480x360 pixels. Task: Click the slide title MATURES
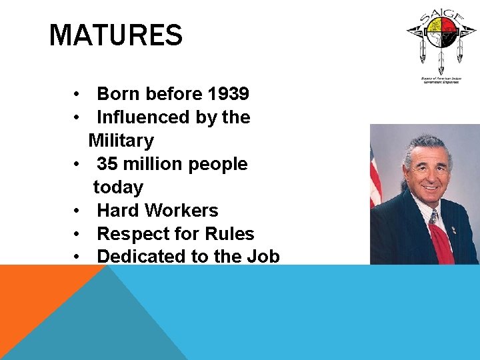click(x=115, y=35)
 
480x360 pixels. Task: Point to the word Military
click(x=121, y=141)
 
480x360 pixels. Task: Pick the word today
click(x=118, y=187)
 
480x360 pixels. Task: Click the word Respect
click(x=129, y=234)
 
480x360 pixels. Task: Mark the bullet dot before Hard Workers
click(x=78, y=211)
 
